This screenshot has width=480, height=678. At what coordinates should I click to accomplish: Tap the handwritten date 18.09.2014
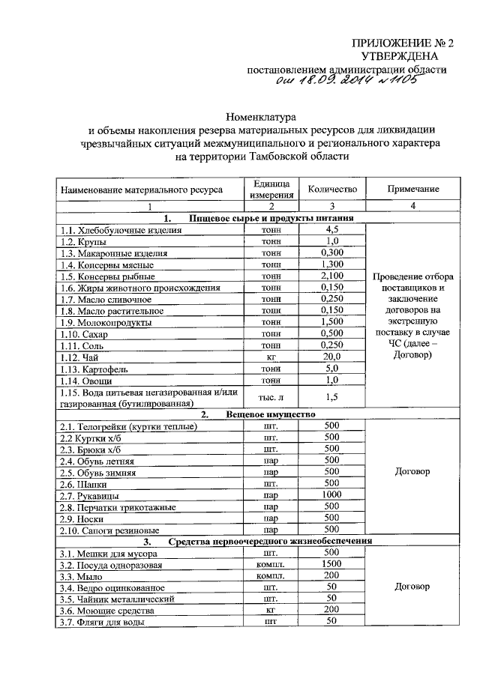(331, 84)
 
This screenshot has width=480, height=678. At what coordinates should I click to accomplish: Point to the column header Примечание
(412, 190)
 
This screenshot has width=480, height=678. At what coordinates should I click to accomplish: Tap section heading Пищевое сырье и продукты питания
(271, 218)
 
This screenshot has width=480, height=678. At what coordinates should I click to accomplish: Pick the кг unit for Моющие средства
(271, 611)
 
